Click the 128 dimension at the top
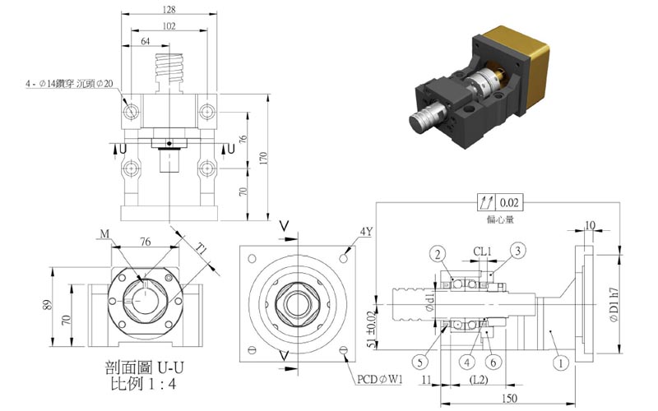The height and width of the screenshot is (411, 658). coord(169,10)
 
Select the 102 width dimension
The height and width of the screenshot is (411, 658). coord(169,25)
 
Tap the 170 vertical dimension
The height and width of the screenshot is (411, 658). coord(262,158)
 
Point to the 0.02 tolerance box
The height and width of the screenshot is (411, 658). coord(509,201)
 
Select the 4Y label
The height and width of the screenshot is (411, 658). coord(366,232)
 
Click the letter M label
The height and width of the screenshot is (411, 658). coord(104,234)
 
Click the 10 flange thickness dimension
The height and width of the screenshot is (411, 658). coord(591,224)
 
